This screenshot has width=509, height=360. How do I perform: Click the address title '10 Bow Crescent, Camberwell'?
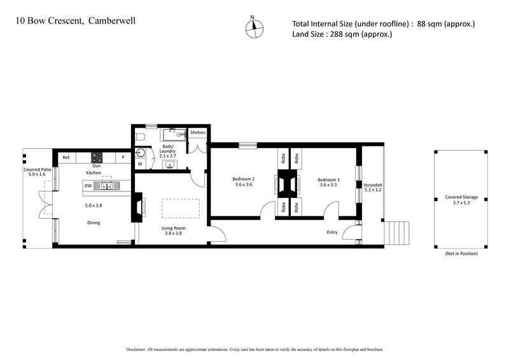pyautogui.click(x=75, y=20)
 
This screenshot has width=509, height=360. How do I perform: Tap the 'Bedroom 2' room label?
pyautogui.click(x=244, y=179)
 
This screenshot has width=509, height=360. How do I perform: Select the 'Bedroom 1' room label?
pyautogui.click(x=329, y=180)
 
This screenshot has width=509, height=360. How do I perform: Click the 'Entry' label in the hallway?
pyautogui.click(x=331, y=232)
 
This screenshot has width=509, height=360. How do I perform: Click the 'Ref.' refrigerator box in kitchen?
pyautogui.click(x=66, y=157)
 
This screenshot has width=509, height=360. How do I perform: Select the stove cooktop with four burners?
pyautogui.click(x=97, y=156)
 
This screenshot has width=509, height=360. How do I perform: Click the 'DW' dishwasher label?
pyautogui.click(x=87, y=186)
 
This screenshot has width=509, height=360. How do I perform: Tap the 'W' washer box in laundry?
pyautogui.click(x=140, y=164)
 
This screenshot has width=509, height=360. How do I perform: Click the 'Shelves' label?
pyautogui.click(x=197, y=132)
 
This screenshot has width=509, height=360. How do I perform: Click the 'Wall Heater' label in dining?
pyautogui.click(x=123, y=242)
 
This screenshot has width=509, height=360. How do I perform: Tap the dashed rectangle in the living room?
pyautogui.click(x=180, y=208)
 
